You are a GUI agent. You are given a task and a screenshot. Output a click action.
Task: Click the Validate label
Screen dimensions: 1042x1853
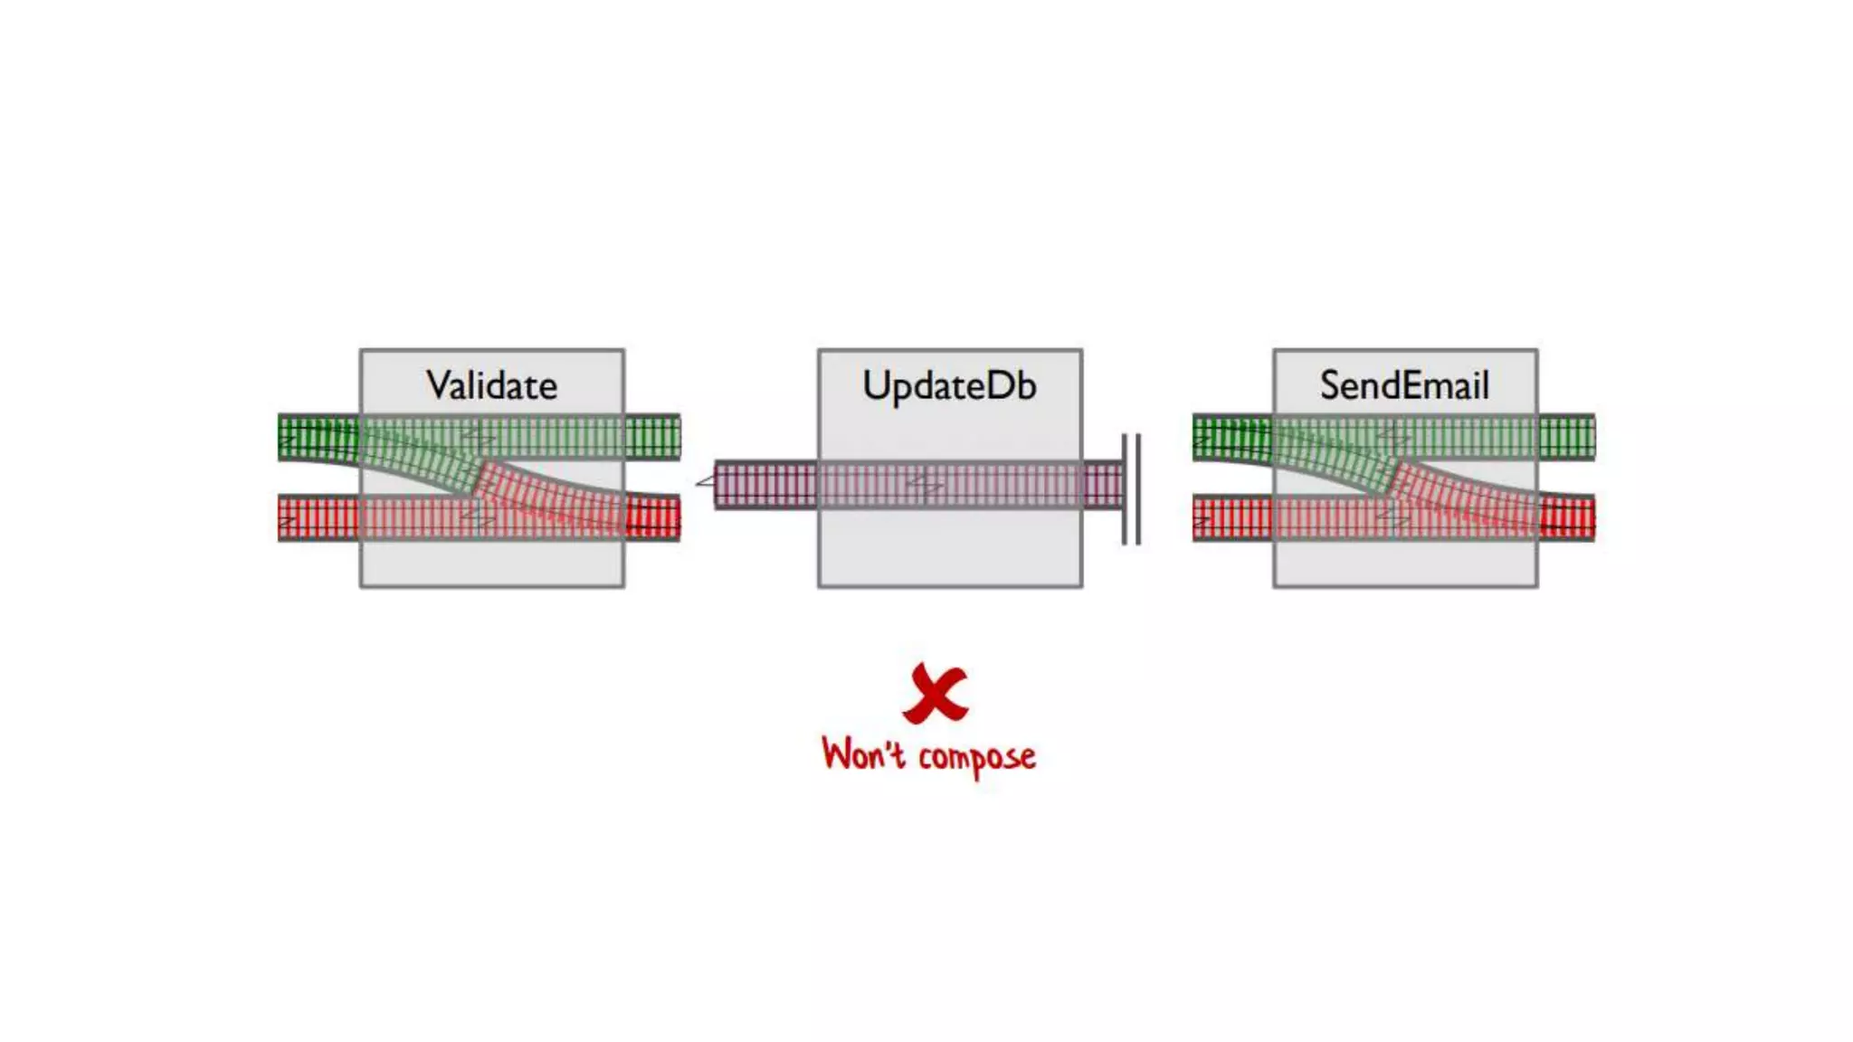tap(491, 386)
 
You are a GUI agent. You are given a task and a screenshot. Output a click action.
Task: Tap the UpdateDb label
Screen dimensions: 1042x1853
tap(949, 386)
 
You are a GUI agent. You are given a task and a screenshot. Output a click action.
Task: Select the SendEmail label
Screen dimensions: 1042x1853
tap(1404, 386)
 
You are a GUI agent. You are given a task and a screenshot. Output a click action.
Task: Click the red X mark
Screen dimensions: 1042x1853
tap(936, 693)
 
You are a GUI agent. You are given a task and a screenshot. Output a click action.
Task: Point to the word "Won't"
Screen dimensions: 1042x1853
tap(862, 754)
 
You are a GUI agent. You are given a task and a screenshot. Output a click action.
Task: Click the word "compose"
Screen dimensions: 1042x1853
tap(977, 757)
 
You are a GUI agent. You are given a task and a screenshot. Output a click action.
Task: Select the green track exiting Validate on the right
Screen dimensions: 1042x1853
tap(652, 438)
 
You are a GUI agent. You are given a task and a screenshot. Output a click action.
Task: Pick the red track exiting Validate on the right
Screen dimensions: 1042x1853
tap(652, 518)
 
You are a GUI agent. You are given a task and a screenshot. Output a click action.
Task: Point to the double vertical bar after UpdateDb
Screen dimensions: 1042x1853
tap(1131, 489)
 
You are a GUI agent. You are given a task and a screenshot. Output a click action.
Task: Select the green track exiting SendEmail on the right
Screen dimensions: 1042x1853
tap(1567, 438)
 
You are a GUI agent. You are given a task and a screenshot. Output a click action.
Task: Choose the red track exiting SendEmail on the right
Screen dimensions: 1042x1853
tap(1567, 518)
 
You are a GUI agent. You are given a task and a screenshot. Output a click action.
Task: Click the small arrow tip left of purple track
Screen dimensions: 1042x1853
tap(705, 482)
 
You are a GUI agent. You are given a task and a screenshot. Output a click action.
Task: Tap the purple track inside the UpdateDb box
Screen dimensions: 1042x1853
tap(950, 485)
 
